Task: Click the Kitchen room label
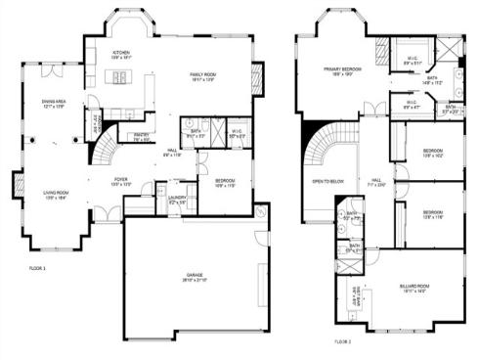pyautogui.click(x=121, y=53)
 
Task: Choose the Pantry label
pyautogui.click(x=140, y=136)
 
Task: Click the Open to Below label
pyautogui.click(x=327, y=182)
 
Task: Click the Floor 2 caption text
pyautogui.click(x=342, y=341)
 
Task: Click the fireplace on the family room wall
pyautogui.click(x=257, y=78)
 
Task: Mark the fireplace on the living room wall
pyautogui.click(x=17, y=183)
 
